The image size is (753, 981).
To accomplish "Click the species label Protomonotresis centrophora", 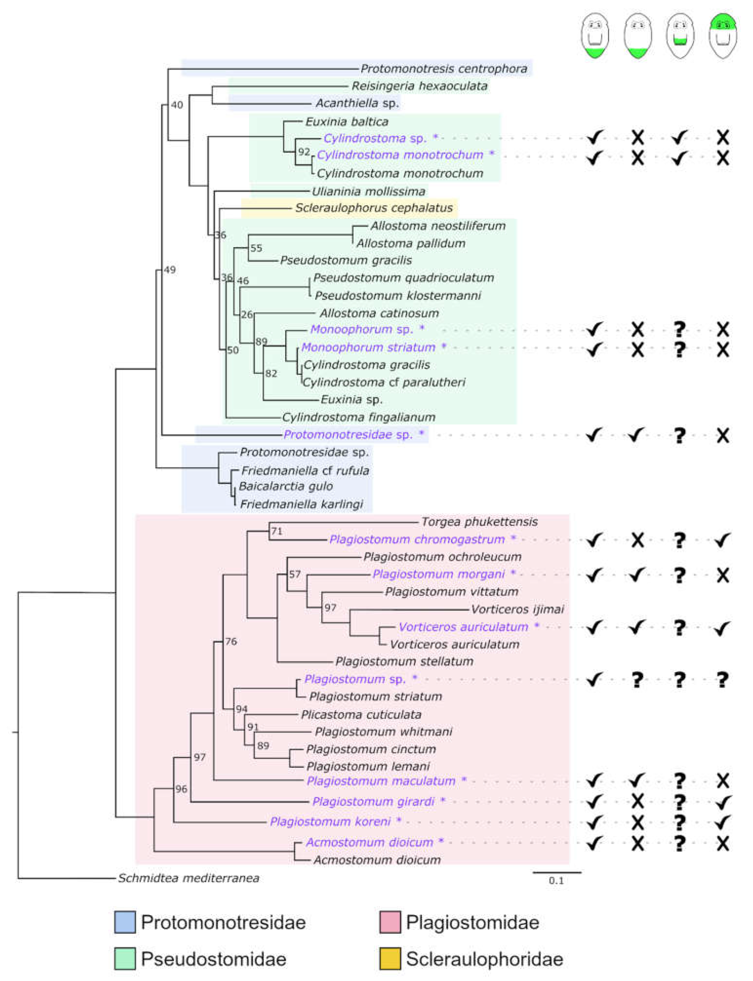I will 444,69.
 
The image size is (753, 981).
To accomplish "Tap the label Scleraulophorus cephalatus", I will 374,208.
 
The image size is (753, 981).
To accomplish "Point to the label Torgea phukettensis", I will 479,522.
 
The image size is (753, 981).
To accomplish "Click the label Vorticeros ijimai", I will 517,609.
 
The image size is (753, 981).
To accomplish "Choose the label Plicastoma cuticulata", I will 361,715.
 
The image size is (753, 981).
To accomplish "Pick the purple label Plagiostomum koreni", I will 330,821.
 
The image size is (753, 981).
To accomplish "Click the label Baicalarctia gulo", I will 286,486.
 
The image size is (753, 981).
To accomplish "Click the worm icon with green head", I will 723,36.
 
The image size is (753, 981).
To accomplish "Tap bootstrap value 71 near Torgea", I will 277,531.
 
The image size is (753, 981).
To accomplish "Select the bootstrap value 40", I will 177,105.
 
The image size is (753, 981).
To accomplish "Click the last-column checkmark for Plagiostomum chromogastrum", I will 723,540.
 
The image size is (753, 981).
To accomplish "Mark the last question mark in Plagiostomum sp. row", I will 723,680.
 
